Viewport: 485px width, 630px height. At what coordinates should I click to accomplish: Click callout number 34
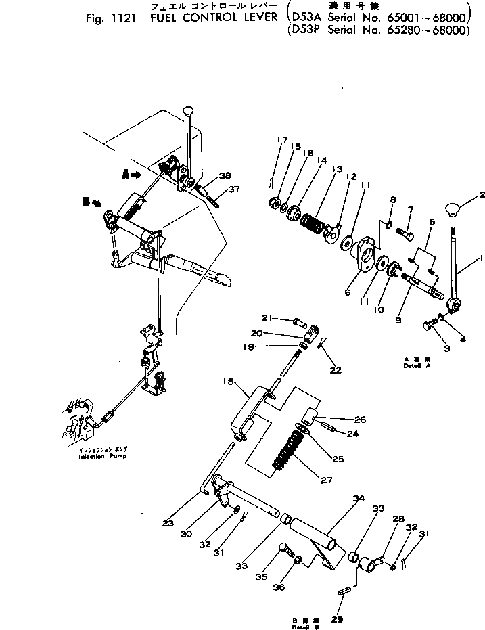358,499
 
